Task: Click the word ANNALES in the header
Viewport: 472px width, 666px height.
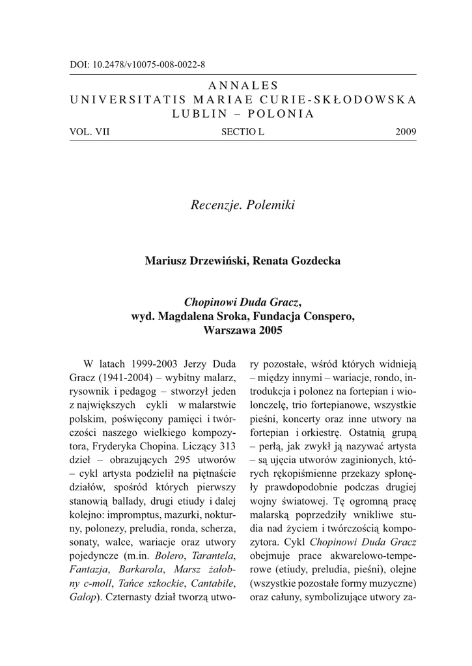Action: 243,85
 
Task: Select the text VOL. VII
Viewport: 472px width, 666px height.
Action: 90,132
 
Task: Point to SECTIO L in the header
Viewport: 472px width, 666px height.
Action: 243,132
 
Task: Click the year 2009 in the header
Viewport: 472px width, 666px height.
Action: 406,132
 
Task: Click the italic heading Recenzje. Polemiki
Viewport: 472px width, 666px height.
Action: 243,206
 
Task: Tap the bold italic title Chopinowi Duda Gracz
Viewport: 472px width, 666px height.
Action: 242,302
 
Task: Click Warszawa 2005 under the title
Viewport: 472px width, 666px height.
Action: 243,330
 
